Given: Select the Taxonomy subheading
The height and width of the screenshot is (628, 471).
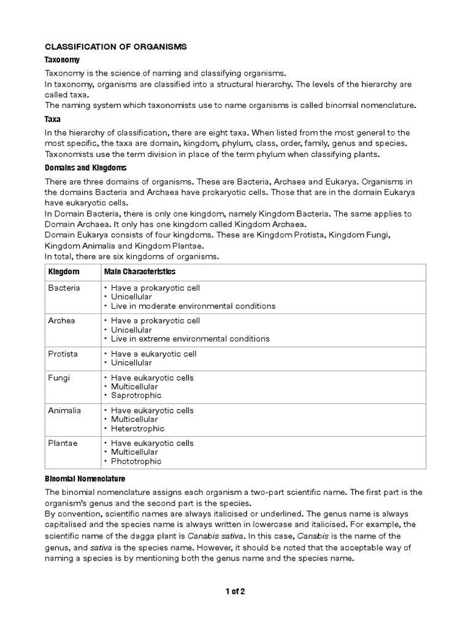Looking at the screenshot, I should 63,60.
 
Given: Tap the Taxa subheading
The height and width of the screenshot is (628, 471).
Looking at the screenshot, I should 53,120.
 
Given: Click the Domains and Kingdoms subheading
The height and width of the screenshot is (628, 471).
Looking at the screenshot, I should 86,167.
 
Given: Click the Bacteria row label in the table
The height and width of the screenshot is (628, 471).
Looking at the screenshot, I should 64,288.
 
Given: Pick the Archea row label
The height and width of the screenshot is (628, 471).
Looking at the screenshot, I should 61,321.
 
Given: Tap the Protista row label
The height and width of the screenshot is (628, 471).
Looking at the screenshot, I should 63,354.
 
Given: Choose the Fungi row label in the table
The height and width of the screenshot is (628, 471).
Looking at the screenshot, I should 59,378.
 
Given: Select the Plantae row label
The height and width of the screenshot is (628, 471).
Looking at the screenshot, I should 63,443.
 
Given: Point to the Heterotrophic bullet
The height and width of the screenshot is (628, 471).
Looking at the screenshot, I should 137,429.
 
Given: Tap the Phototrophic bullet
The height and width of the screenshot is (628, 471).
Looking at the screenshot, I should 136,461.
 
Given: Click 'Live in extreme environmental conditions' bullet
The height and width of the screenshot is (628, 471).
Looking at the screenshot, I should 190,339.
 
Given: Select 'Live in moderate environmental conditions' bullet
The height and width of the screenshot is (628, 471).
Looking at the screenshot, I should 193,305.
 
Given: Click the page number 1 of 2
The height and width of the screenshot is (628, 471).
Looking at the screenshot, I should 235,591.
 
